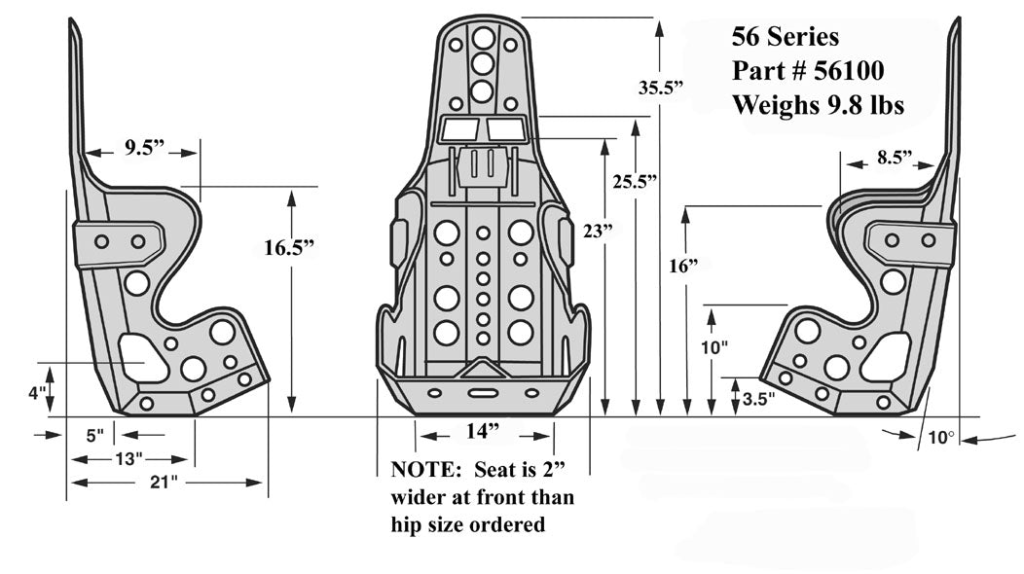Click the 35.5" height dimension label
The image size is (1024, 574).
[661, 88]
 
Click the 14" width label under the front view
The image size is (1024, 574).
[481, 431]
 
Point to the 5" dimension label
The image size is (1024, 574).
[93, 436]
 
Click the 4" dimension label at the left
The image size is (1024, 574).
[37, 394]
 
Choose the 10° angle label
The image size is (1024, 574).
[940, 439]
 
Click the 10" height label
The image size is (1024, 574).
[713, 347]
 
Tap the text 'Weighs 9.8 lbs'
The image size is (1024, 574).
[818, 105]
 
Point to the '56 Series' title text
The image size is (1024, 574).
[784, 37]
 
